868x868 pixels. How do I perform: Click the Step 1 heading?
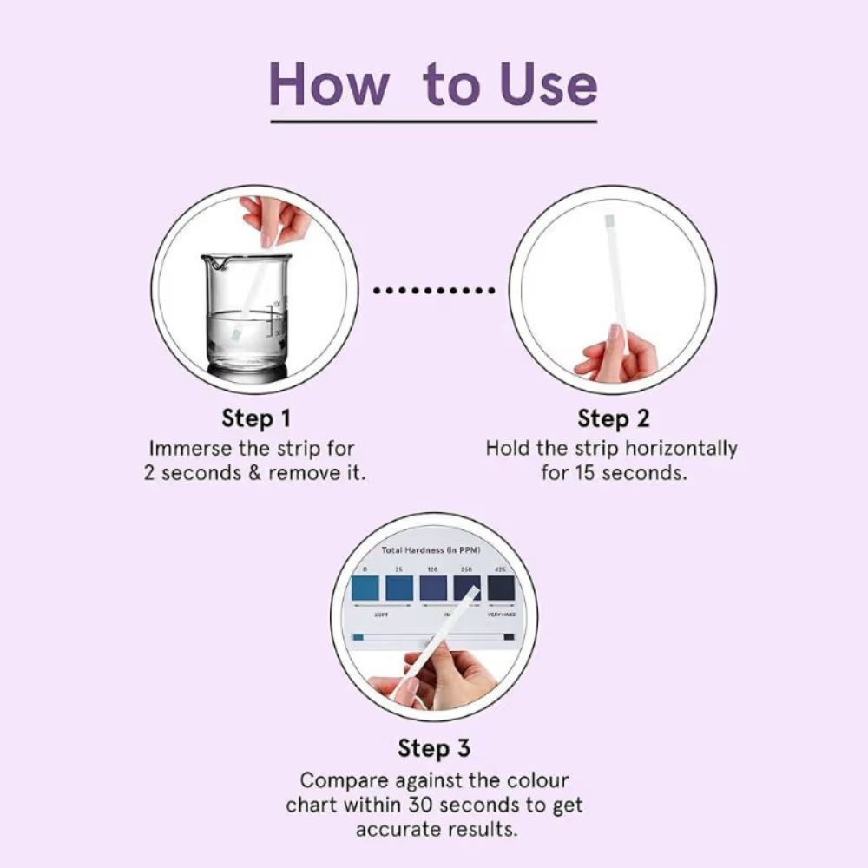click(x=256, y=418)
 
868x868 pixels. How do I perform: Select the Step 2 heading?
click(x=614, y=418)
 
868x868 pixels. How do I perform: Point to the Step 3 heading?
click(x=434, y=747)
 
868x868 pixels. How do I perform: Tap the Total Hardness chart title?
click(x=431, y=550)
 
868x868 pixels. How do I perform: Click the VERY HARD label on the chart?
click(x=502, y=614)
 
